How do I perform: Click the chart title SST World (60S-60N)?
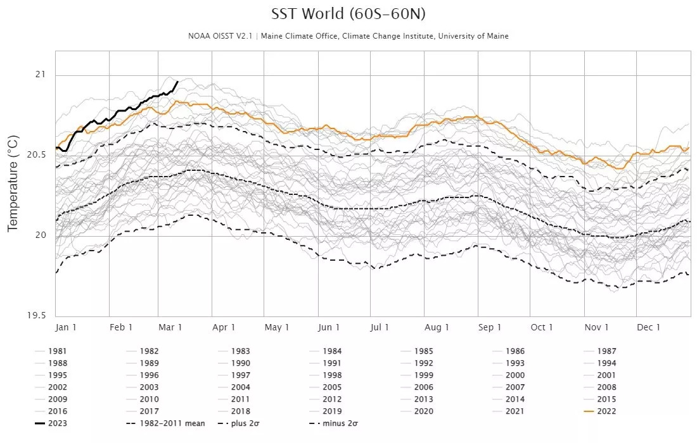click(348, 14)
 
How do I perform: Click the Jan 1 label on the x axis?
click(67, 327)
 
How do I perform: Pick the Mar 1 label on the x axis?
click(171, 327)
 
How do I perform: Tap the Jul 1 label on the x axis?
click(380, 327)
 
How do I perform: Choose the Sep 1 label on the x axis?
click(490, 327)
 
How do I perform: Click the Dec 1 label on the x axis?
click(649, 327)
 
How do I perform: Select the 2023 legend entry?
click(56, 423)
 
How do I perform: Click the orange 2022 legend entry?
click(606, 411)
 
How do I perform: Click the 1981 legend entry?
click(56, 351)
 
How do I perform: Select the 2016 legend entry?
click(56, 411)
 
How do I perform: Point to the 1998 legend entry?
click(332, 375)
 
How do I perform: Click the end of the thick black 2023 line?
click(177, 82)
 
